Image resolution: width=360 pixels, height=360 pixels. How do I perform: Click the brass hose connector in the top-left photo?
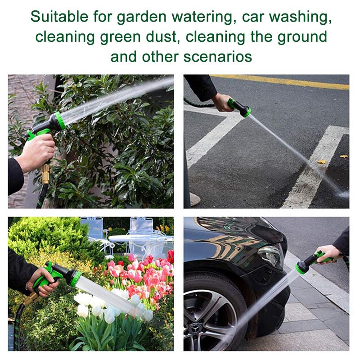(46, 173)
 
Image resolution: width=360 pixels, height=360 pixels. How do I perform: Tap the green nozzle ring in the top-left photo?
(60, 121)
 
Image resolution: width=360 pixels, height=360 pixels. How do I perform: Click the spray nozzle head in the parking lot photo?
(243, 109)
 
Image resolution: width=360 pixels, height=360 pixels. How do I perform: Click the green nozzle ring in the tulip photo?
(76, 279)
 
